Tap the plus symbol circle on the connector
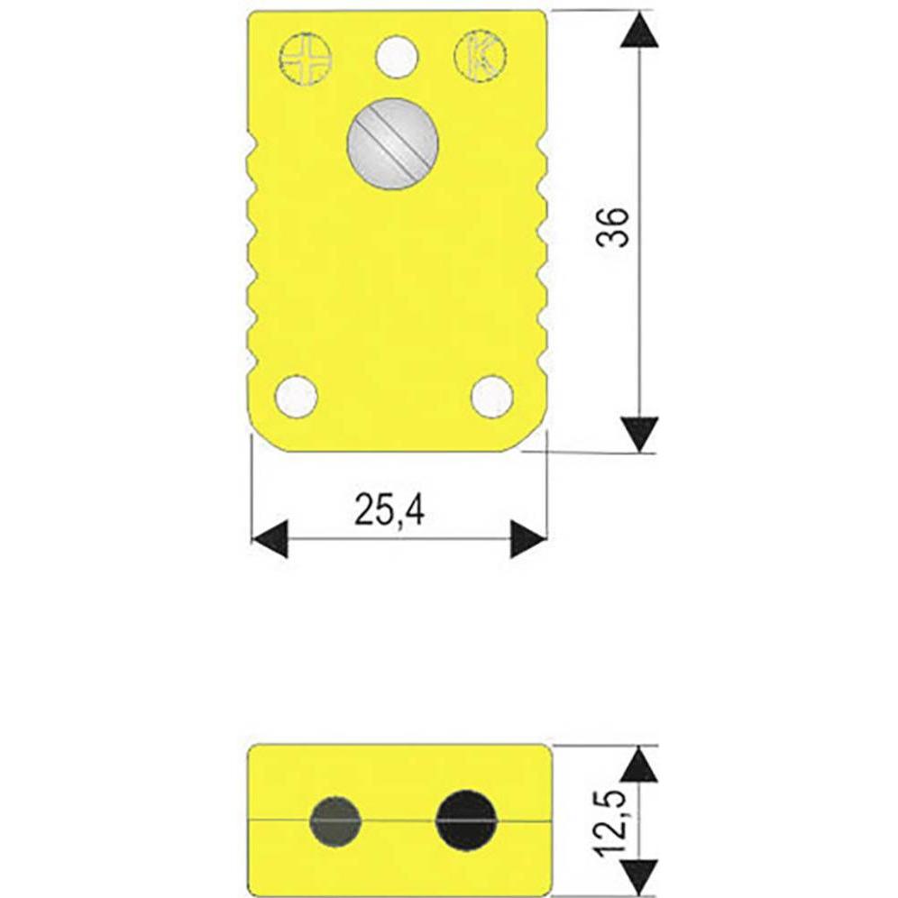(306, 60)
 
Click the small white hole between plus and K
(397, 57)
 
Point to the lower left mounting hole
(296, 397)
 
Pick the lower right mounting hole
(491, 397)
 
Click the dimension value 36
(613, 226)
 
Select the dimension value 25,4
(389, 510)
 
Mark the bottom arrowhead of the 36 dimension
(640, 433)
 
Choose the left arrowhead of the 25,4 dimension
(270, 539)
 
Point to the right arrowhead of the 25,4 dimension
(528, 539)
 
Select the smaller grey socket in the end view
(335, 821)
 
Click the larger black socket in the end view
(465, 820)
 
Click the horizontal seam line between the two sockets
(400, 821)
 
